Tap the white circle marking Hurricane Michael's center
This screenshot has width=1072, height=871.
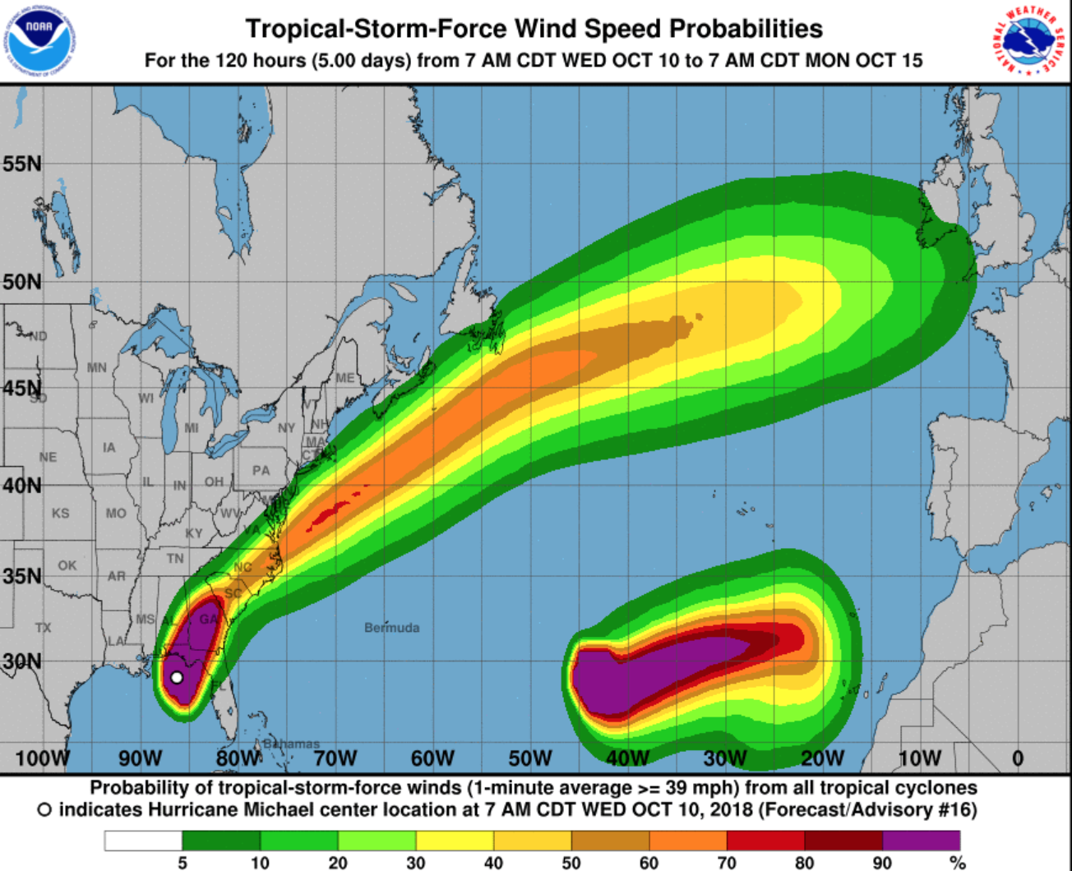[x=177, y=678]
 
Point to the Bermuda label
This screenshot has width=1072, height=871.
[x=392, y=628]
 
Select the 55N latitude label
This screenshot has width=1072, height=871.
[x=22, y=164]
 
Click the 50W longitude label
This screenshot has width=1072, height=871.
[x=530, y=758]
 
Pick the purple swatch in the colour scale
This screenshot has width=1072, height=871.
[x=921, y=840]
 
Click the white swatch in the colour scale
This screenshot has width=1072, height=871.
[x=143, y=840]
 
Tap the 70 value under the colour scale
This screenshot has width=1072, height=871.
[x=726, y=863]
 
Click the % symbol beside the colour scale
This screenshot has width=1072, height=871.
[x=957, y=863]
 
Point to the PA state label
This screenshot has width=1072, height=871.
[x=261, y=471]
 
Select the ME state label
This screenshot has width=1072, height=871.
[x=345, y=378]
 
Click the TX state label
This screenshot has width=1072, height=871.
[x=43, y=628]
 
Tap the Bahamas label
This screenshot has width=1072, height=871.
[x=291, y=744]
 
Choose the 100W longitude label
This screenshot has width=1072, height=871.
[x=43, y=758]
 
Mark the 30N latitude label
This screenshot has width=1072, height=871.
[x=22, y=661]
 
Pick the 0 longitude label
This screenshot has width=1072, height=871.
[x=1018, y=758]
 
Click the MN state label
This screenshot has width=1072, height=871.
[x=97, y=367]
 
